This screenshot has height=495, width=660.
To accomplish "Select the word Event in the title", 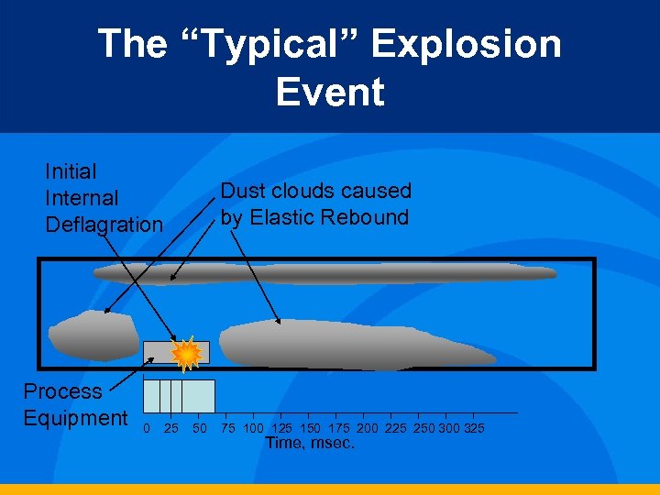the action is (330, 92).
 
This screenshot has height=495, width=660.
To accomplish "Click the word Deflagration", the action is (104, 225).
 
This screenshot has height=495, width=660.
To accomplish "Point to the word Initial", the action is (71, 171).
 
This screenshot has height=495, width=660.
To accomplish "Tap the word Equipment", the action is (75, 418).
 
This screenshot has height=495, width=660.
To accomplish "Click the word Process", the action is (62, 391).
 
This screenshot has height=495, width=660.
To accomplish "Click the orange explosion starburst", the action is (186, 353).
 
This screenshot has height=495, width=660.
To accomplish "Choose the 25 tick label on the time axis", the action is (171, 429).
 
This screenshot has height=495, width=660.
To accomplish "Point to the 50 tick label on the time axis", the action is (198, 429).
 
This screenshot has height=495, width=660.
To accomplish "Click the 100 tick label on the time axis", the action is (254, 429).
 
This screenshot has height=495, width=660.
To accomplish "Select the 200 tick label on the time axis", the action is (367, 429).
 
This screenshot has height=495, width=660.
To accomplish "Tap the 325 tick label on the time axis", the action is (474, 429).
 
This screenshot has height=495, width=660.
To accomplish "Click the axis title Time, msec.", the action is (310, 444).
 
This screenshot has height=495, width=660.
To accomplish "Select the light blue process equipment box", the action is (180, 396).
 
